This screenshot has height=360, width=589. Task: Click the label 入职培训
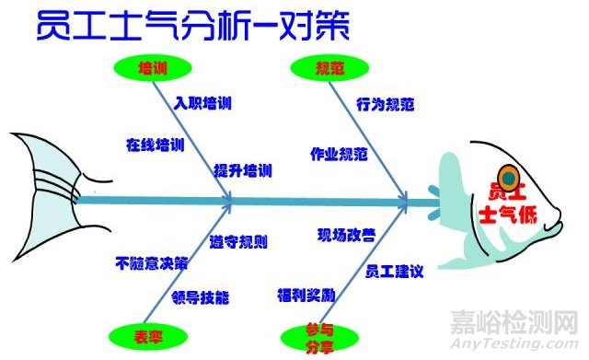tap(202, 103)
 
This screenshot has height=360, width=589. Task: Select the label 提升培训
tap(243, 170)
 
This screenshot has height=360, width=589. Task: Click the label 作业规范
tap(339, 152)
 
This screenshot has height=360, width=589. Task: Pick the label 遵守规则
tap(238, 243)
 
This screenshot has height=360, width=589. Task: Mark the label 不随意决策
tap(152, 262)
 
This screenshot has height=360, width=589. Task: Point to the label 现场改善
tap(346, 234)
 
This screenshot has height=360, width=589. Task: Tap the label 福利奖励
tap(306, 296)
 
